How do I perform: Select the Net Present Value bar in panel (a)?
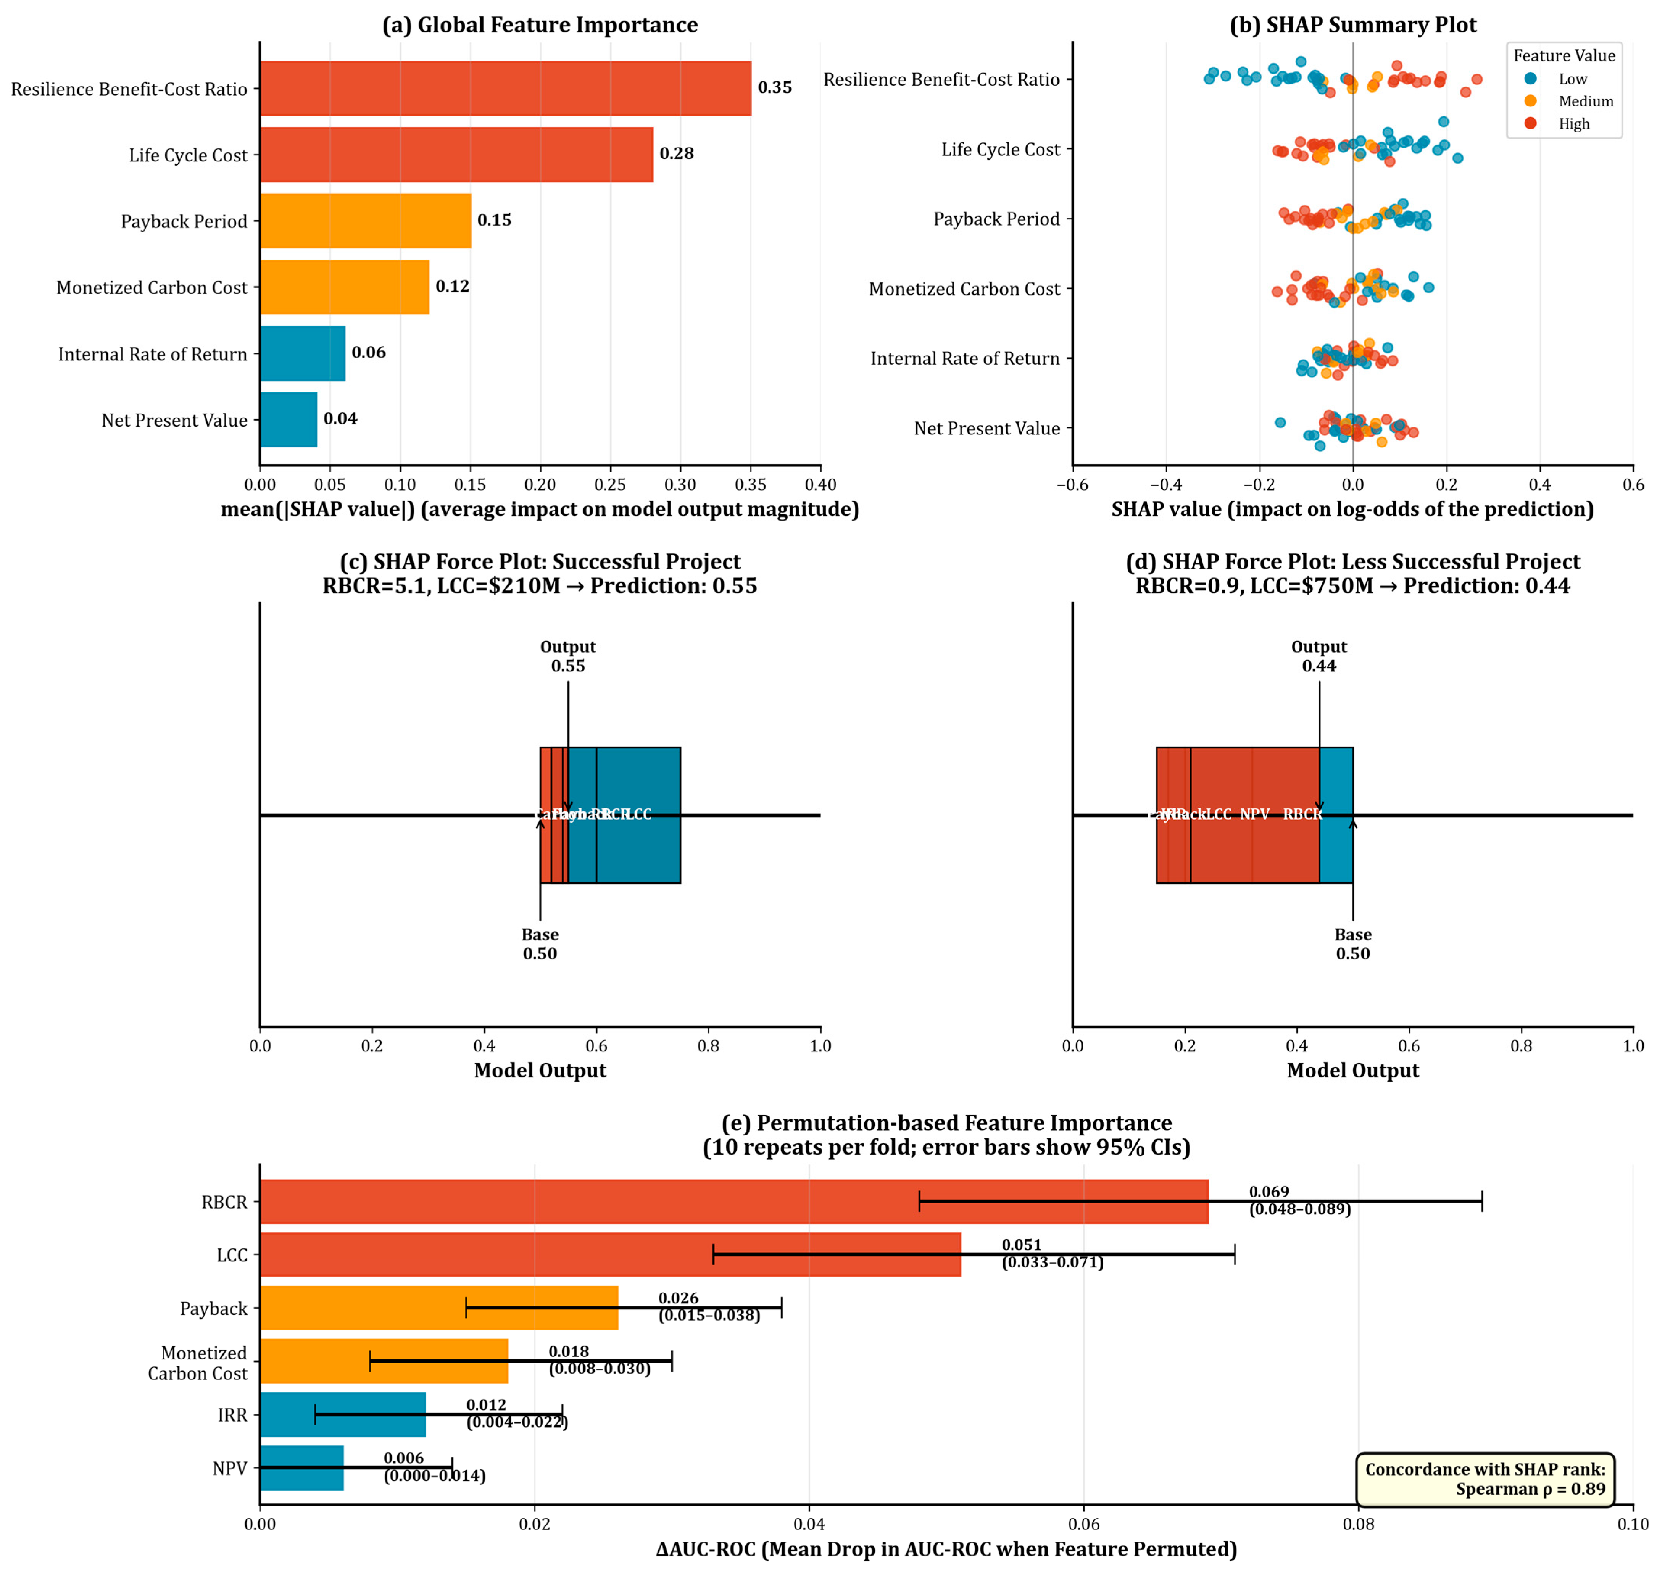pyautogui.click(x=289, y=420)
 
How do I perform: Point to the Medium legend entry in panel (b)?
pyautogui.click(x=1585, y=101)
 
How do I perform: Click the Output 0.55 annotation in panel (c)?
pyautogui.click(x=568, y=656)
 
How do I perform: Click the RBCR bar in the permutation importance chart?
pyautogui.click(x=733, y=1202)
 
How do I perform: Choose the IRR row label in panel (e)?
pyautogui.click(x=232, y=1415)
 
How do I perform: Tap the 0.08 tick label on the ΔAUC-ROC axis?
pyautogui.click(x=1359, y=1524)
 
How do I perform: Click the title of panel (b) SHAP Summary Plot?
pyautogui.click(x=1352, y=25)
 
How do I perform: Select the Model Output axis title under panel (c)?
pyautogui.click(x=540, y=1071)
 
